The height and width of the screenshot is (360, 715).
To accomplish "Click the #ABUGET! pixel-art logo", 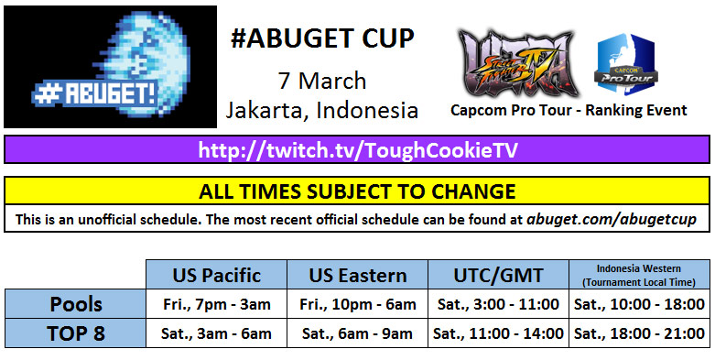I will [111, 66].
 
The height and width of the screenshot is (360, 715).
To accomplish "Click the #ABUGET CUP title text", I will [321, 39].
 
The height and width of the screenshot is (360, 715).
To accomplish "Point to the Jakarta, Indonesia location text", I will [321, 111].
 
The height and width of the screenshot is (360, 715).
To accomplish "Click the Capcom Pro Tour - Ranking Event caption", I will [569, 111].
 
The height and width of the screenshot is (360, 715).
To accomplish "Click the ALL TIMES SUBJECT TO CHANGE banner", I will [357, 191].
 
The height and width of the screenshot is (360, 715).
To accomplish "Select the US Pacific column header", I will [216, 275].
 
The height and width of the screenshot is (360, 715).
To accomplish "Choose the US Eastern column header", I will [358, 275].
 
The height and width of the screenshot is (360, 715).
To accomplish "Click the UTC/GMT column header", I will [498, 275].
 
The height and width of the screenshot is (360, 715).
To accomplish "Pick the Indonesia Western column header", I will [639, 274].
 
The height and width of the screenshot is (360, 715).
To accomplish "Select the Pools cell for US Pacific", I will [216, 304].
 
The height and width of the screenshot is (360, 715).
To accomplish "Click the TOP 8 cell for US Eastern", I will [358, 333].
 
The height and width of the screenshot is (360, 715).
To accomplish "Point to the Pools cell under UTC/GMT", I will [498, 304].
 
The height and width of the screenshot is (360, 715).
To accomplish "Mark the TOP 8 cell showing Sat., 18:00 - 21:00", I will [639, 333].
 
